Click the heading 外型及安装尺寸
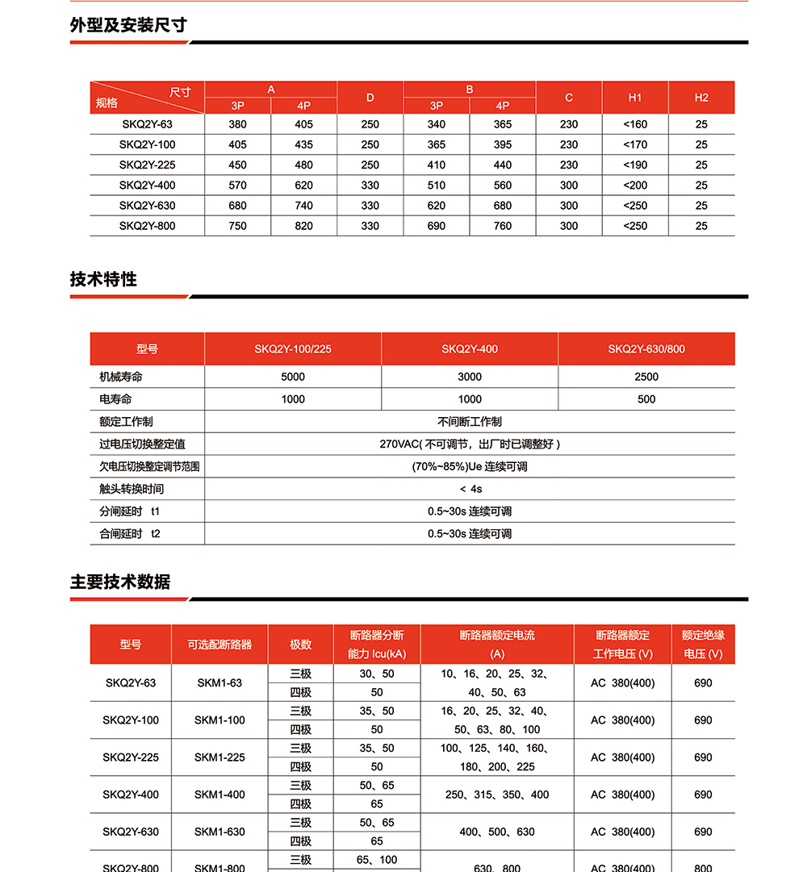(x=128, y=25)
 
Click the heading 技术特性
(x=103, y=279)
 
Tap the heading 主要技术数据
(x=120, y=582)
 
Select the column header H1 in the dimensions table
(x=635, y=98)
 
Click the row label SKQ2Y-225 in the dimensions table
(x=147, y=165)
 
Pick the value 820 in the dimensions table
(x=303, y=226)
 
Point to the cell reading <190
(x=635, y=165)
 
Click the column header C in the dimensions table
(x=569, y=98)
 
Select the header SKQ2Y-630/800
(x=646, y=349)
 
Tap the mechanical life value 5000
(x=293, y=377)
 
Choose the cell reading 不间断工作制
(x=470, y=421)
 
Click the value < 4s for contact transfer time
(x=470, y=489)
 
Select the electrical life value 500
(x=646, y=399)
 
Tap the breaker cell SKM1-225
(x=220, y=757)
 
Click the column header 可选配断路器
(x=220, y=645)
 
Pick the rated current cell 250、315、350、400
(x=497, y=795)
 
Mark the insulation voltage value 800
(x=703, y=867)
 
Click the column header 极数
(x=300, y=645)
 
